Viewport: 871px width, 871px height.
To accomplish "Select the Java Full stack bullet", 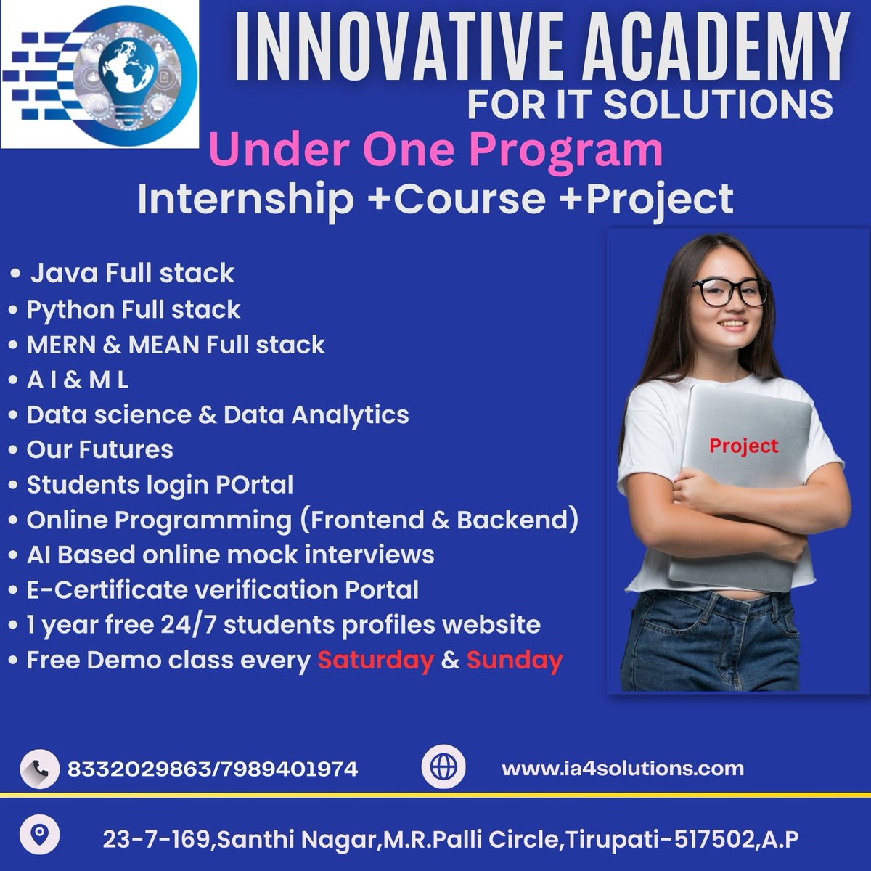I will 131,274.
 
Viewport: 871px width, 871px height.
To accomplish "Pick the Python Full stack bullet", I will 133,309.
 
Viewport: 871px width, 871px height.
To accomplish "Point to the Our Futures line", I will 99,449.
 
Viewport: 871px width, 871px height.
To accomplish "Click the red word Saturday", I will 375,660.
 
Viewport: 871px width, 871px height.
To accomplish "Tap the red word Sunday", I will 514,660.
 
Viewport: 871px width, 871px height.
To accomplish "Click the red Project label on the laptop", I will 743,445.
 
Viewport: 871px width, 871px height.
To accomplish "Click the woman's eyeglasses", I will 727,292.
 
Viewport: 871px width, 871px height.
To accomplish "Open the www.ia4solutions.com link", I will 622,768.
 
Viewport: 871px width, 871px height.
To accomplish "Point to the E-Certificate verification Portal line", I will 222,589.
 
